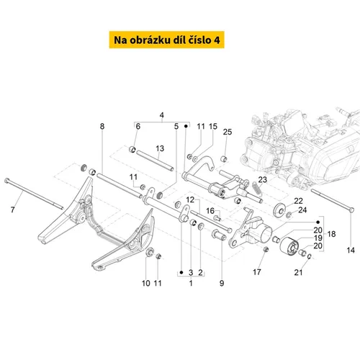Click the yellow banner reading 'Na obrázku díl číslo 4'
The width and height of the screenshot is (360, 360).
pos(166,40)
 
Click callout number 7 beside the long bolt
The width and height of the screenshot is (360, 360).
pos(12,210)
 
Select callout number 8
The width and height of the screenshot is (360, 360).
pos(102,126)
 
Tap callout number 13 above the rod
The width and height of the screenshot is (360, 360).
pos(160,148)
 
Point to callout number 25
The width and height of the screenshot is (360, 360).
pos(228,132)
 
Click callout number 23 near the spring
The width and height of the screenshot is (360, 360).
pos(262,179)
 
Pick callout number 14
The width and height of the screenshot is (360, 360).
pos(351,251)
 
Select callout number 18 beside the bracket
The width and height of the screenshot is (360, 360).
pos(331,234)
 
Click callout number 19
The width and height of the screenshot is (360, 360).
pos(318,238)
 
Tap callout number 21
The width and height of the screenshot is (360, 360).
pos(298,272)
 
